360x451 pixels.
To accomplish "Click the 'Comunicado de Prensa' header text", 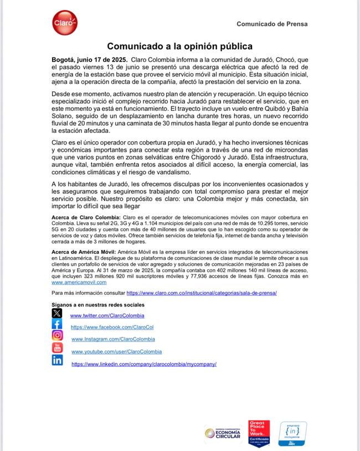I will [272, 24].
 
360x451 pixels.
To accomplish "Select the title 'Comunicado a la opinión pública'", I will [179, 46].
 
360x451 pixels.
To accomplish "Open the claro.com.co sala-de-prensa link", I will [202, 293].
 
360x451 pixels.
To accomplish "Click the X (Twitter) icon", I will [57, 313].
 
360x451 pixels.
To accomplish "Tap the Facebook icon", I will [57, 324].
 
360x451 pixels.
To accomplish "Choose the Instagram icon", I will [57, 336].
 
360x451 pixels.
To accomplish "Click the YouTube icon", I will [57, 348].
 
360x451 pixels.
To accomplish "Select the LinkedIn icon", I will [57, 360].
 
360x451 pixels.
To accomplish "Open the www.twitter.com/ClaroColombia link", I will [107, 315].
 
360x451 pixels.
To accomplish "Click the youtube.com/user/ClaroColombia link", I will [116, 352].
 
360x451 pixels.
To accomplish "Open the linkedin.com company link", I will [143, 364].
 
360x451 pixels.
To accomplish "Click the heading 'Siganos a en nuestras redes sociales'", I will [97, 305].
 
